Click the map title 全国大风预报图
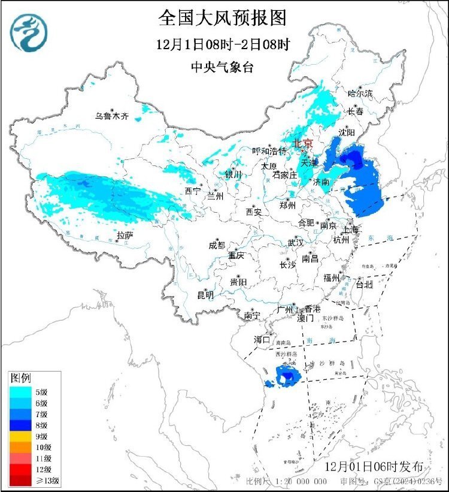pyautogui.click(x=222, y=17)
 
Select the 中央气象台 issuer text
pyautogui.click(x=222, y=67)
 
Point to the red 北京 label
pyautogui.click(x=302, y=143)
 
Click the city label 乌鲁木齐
pyautogui.click(x=112, y=116)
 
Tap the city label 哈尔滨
pyautogui.click(x=360, y=93)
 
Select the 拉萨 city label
pyautogui.click(x=125, y=236)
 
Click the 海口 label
pyautogui.click(x=262, y=339)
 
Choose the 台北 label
pyautogui.click(x=364, y=284)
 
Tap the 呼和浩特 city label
pyautogui.click(x=269, y=151)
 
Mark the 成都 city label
pyautogui.click(x=216, y=245)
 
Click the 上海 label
pyautogui.click(x=350, y=230)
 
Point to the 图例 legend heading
pyautogui.click(x=20, y=378)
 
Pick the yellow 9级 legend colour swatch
pyautogui.click(x=21, y=436)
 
